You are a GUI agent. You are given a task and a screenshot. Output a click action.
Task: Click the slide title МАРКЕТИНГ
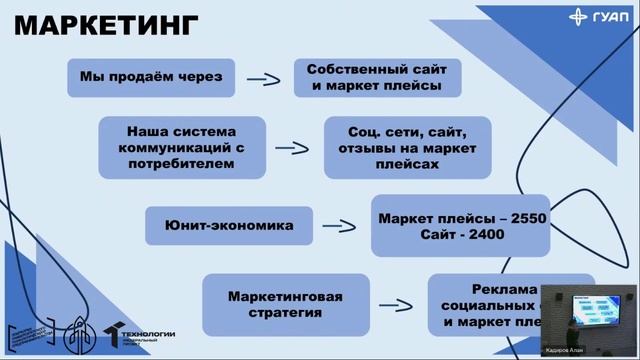pyautogui.click(x=106, y=26)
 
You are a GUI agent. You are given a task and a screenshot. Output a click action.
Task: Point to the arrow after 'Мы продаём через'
pyautogui.click(x=263, y=78)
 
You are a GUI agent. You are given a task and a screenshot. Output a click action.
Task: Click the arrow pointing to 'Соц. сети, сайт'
pyautogui.click(x=291, y=147)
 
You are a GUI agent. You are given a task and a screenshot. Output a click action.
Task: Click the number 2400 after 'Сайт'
pyautogui.click(x=482, y=235)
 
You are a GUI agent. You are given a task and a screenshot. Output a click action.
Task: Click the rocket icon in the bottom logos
pyautogui.click(x=75, y=336)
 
